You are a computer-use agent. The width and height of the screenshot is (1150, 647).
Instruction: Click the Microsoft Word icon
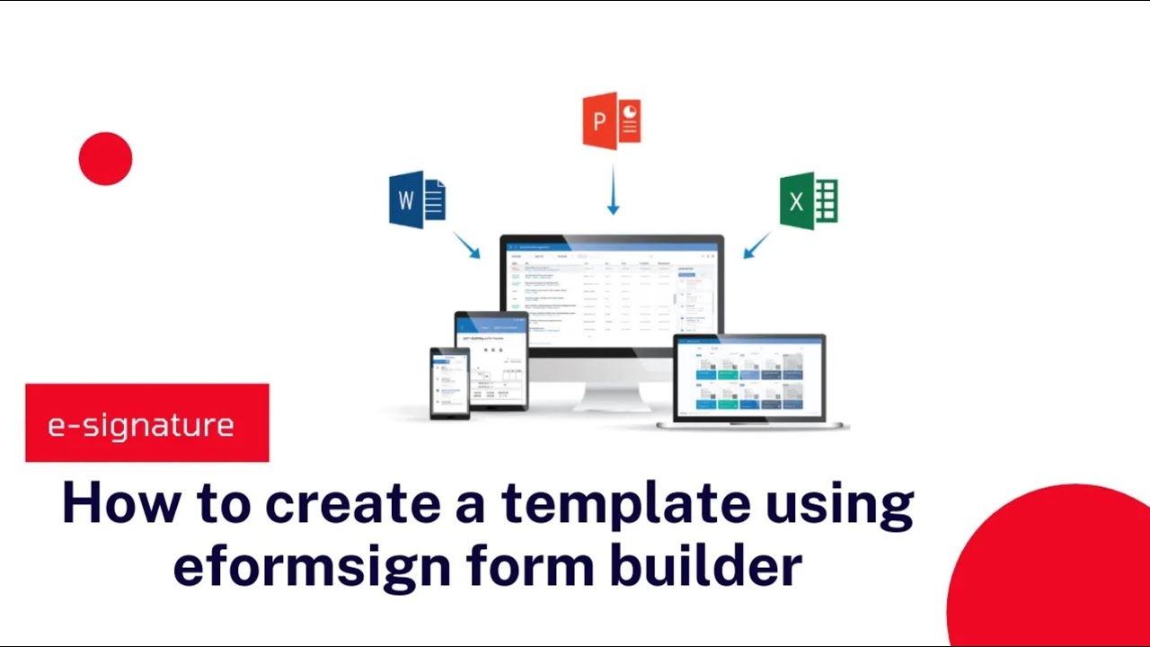(417, 199)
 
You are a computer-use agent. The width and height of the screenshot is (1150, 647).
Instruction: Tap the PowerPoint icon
(612, 120)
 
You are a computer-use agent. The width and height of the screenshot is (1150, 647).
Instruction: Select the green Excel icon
(809, 200)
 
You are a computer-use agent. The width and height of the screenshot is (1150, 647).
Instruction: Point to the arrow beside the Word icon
(466, 245)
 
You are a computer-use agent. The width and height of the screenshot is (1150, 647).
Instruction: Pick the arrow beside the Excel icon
(757, 245)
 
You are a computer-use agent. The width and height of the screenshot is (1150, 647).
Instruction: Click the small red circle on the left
(105, 159)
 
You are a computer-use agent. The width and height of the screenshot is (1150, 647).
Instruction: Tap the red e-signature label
(147, 423)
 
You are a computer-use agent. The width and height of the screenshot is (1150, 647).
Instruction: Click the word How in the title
(107, 503)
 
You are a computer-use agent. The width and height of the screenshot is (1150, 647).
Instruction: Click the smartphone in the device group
(449, 382)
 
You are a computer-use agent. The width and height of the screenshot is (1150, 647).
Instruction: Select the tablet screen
(491, 359)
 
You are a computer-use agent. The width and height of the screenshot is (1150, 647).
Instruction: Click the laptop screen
(749, 377)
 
